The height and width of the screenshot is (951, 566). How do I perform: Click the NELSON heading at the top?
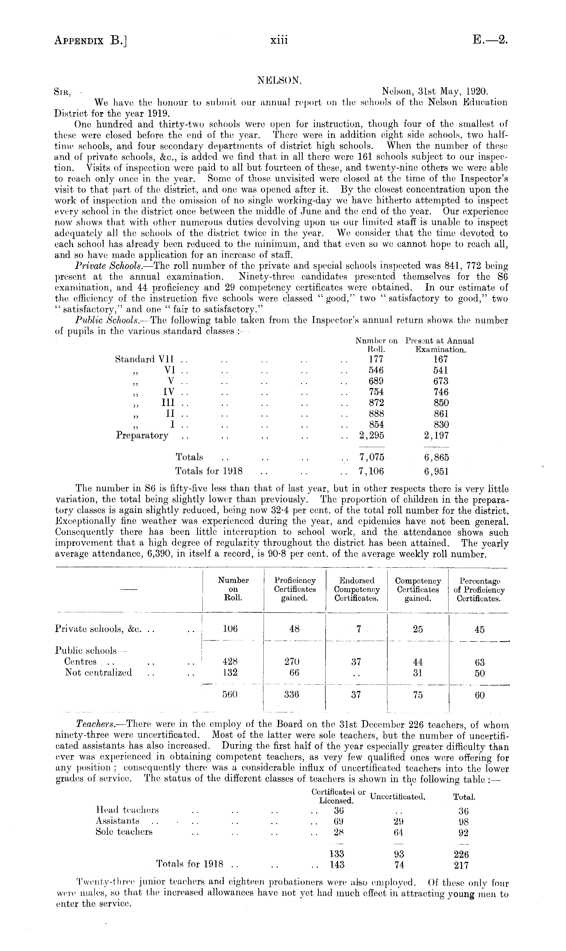tap(279, 81)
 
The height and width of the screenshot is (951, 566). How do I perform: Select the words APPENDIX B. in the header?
tap(91, 40)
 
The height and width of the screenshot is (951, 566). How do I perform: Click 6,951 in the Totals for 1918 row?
tap(436, 471)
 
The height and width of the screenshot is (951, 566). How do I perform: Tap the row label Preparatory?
tap(142, 435)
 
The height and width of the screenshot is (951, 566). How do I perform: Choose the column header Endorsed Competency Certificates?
tap(357, 589)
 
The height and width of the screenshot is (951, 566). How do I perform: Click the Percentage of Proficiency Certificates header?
tap(479, 589)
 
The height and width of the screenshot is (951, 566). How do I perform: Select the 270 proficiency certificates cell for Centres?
tap(294, 662)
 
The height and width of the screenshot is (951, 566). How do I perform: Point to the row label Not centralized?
tap(99, 672)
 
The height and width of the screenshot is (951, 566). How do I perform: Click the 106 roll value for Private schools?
tap(230, 629)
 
